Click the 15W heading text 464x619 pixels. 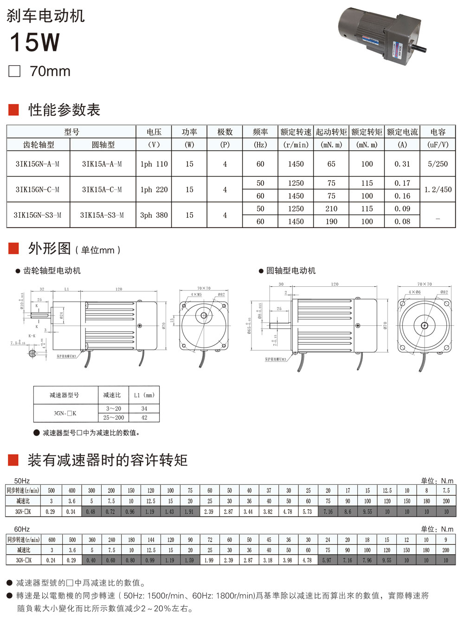tap(35, 42)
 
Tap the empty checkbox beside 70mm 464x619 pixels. tap(15, 71)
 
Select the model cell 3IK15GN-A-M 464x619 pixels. tap(38, 164)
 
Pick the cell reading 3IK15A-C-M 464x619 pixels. tap(102, 189)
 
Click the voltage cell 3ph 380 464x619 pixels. tap(154, 215)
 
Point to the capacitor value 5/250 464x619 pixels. tap(438, 164)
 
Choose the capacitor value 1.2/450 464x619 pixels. tap(438, 189)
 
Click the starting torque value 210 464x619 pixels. tap(331, 208)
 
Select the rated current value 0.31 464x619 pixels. tap(402, 164)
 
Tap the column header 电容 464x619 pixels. tap(438, 132)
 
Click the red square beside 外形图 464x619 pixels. tap(13, 249)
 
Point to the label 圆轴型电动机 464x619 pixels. tap(291, 271)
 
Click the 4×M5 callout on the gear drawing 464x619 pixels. tap(196, 294)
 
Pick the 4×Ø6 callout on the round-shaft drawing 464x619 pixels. tap(415, 292)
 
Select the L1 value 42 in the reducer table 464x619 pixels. tap(144, 417)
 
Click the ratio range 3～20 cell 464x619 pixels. tap(114, 409)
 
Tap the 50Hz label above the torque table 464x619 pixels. tap(22, 481)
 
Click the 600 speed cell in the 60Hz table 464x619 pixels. tap(52, 540)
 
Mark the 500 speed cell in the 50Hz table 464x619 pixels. tap(52, 490)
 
